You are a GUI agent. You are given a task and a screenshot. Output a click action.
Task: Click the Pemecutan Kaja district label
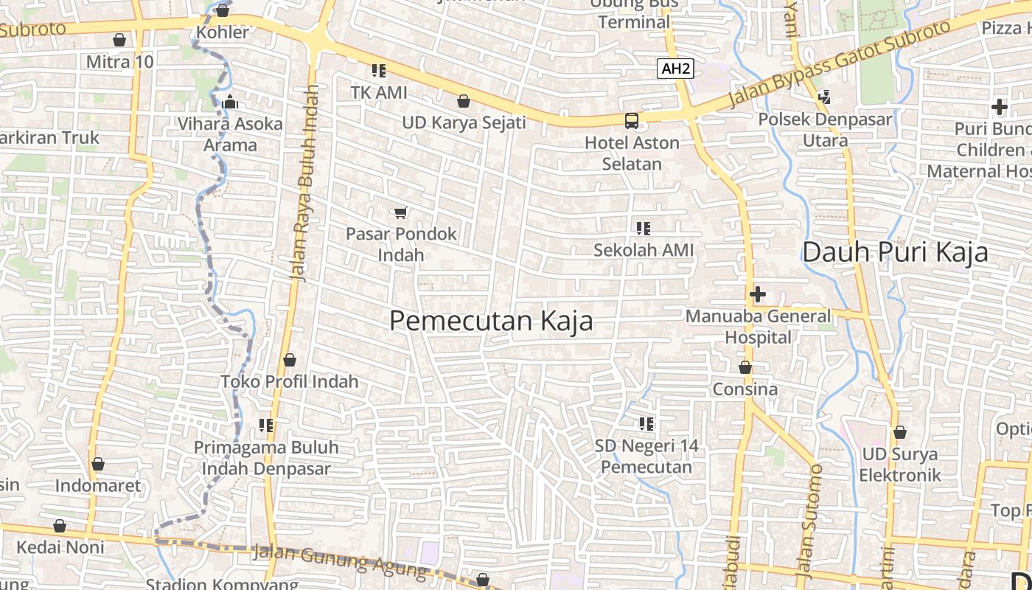[x=491, y=322]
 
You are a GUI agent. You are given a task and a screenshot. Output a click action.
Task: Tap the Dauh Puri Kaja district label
[x=895, y=252]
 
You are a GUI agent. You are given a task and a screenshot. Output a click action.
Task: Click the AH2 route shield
[x=676, y=69]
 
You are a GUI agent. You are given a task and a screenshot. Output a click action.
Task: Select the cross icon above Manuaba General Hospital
[x=757, y=295]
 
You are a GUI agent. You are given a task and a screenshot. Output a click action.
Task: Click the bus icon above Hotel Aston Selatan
[x=632, y=121]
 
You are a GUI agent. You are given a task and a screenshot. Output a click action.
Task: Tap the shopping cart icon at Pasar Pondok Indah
[x=400, y=213]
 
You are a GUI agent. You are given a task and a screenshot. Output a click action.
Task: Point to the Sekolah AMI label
[x=644, y=251]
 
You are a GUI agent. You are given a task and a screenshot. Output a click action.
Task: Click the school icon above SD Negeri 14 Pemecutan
[x=646, y=424]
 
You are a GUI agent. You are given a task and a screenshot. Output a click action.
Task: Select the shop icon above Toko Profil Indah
[x=290, y=360]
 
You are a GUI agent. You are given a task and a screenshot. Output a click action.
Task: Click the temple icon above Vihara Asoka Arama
[x=230, y=102]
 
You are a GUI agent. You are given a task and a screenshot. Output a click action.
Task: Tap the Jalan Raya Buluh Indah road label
[x=304, y=183]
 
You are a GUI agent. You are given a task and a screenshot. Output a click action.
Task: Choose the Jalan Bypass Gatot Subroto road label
[x=840, y=64]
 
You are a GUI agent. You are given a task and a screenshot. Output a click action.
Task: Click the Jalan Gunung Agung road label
[x=339, y=560]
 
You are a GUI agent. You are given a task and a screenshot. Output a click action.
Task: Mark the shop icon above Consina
[x=745, y=367]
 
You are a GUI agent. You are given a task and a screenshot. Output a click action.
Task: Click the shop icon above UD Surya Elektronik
[x=899, y=432]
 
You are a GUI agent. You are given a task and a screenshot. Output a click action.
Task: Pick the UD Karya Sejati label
[x=464, y=122]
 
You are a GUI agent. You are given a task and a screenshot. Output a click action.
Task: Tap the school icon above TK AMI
[x=378, y=72]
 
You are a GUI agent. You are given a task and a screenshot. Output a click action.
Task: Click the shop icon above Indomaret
[x=98, y=465]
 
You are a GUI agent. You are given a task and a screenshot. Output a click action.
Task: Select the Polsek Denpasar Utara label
[x=825, y=129]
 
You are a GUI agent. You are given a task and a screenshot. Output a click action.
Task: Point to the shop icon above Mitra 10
[x=119, y=40]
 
